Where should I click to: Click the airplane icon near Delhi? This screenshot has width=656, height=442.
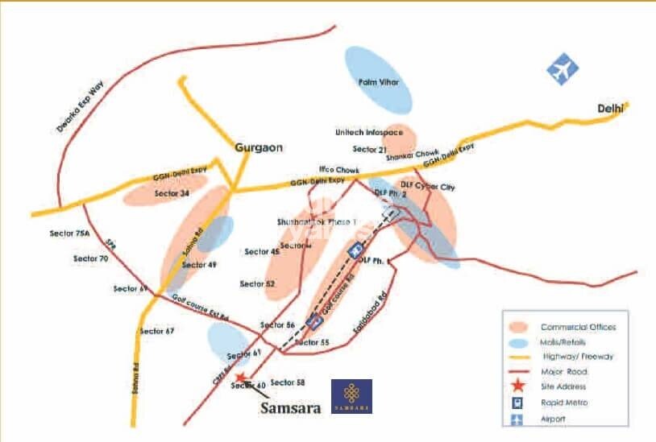pyautogui.click(x=563, y=68)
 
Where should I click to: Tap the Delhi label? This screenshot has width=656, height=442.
pyautogui.click(x=610, y=108)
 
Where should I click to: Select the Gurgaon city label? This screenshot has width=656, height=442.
pyautogui.click(x=255, y=147)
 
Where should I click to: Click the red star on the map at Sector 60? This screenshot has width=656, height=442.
pyautogui.click(x=239, y=376)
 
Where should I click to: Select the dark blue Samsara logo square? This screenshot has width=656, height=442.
pyautogui.click(x=352, y=396)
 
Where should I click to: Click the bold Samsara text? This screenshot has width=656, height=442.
pyautogui.click(x=290, y=407)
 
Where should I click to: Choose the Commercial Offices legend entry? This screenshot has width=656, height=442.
pyautogui.click(x=578, y=327)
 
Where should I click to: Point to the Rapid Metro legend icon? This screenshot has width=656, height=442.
pyautogui.click(x=517, y=403)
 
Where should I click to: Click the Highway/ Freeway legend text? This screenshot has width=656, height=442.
pyautogui.click(x=576, y=357)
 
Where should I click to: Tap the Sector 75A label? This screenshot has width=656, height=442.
pyautogui.click(x=68, y=233)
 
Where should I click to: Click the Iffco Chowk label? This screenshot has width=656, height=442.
pyautogui.click(x=339, y=170)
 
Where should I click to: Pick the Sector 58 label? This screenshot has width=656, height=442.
pyautogui.click(x=288, y=382)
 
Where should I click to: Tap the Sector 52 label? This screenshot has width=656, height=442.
pyautogui.click(x=258, y=284)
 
